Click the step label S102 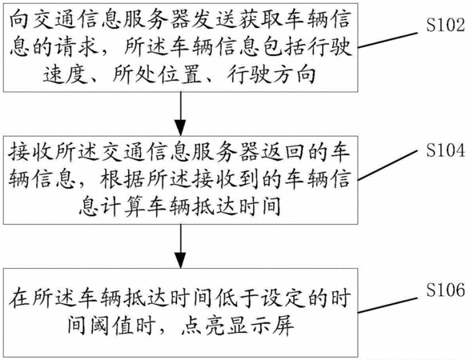coord(445,25)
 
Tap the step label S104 coord(445,150)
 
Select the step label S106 coord(445,290)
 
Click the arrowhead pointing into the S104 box coord(180,128)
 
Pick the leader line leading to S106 coord(388,305)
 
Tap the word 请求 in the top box coord(77,46)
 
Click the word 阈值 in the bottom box coord(112,325)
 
